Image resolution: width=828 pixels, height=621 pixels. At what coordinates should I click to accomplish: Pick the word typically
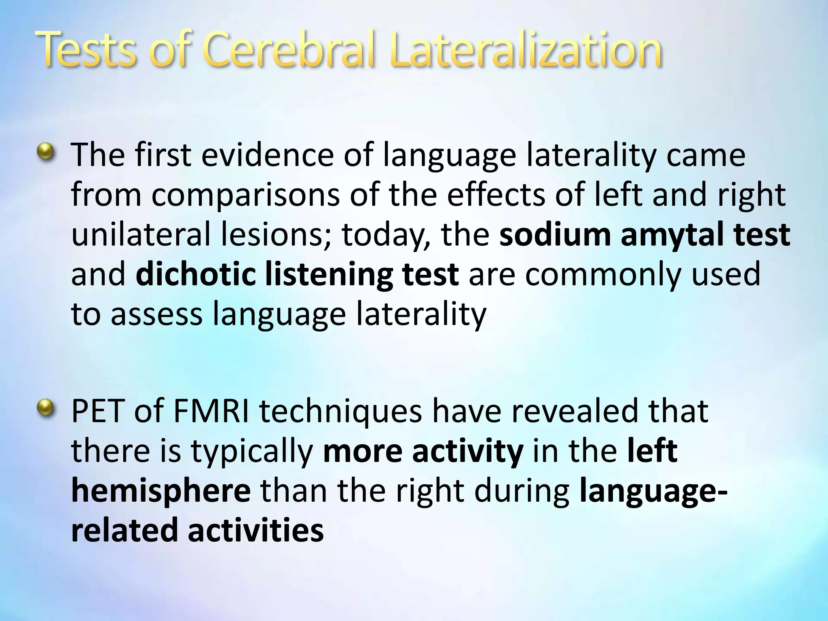tap(253, 451)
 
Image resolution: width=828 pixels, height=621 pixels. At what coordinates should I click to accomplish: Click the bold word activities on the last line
tap(256, 530)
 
